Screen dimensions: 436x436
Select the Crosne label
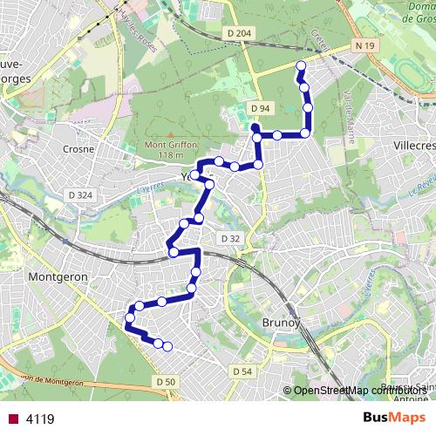tap(79, 149)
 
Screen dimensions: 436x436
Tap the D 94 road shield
tap(257, 107)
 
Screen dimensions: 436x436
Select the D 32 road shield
tap(230, 238)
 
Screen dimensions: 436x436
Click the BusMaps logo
tap(394, 418)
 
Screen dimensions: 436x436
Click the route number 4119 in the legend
tap(40, 419)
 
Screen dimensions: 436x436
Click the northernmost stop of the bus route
tap(301, 66)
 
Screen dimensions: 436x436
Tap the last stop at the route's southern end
tap(167, 347)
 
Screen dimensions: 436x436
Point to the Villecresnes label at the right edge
tap(413, 146)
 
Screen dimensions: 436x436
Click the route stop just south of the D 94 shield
tap(257, 137)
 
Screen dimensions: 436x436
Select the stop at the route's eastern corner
tap(305, 133)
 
